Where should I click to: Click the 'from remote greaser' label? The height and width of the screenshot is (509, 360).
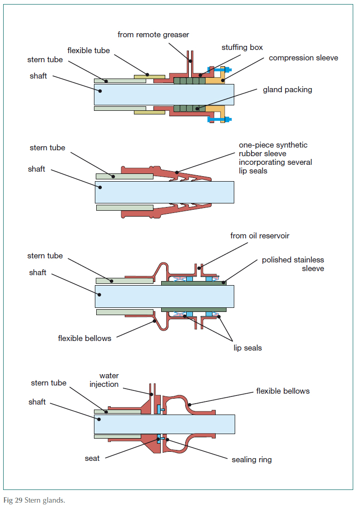(x=153, y=35)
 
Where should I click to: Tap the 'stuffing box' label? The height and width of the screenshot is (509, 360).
(x=242, y=47)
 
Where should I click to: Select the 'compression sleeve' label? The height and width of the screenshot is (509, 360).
(x=303, y=58)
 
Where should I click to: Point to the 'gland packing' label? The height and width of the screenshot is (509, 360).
(x=287, y=90)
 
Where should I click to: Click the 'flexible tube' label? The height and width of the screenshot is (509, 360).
(x=89, y=50)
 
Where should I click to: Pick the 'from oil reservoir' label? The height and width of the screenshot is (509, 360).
(x=260, y=236)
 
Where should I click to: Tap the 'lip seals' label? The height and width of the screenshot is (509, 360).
(x=247, y=348)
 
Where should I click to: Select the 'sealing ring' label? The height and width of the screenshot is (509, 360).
(x=252, y=460)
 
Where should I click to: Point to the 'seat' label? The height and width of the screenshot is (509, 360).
(x=92, y=458)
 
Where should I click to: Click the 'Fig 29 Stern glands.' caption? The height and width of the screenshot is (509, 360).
(x=35, y=500)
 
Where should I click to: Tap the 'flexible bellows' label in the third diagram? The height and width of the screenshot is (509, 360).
(x=84, y=338)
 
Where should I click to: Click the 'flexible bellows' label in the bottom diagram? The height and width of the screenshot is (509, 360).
(x=283, y=391)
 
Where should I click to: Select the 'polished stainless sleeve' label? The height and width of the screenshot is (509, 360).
(x=293, y=264)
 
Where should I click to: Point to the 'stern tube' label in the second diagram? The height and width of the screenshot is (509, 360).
(x=47, y=148)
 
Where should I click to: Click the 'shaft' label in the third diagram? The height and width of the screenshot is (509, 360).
(x=37, y=272)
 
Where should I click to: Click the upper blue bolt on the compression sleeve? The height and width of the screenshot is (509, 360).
(x=218, y=69)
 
